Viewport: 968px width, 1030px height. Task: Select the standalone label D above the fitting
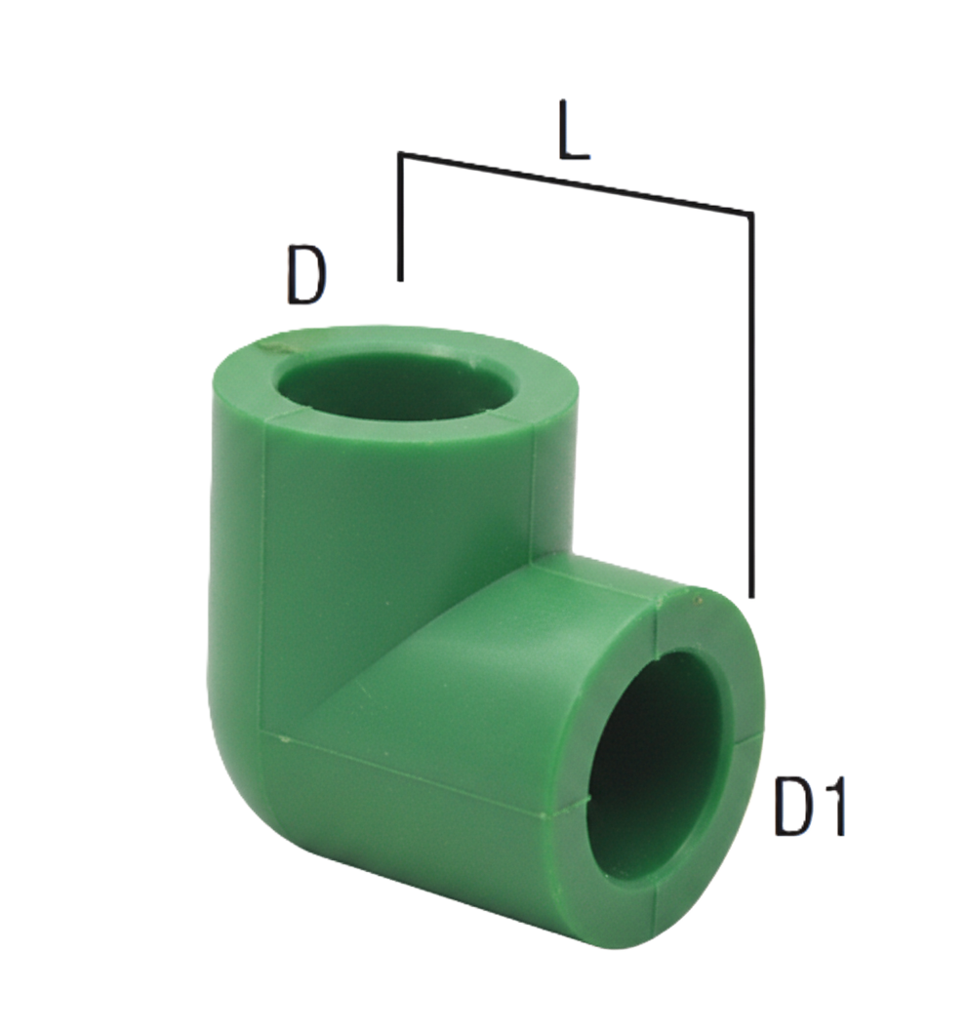pos(306,276)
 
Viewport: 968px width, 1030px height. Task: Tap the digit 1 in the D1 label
pos(827,806)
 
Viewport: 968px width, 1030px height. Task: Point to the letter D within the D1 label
pos(793,806)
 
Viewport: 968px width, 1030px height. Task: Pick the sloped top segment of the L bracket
pos(576,182)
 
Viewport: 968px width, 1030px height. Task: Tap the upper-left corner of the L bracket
pos(401,154)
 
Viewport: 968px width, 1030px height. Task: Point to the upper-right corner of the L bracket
pos(751,212)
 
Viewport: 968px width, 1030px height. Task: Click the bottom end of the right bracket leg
pos(751,592)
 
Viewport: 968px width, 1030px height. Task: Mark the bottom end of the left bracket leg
pos(400,279)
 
